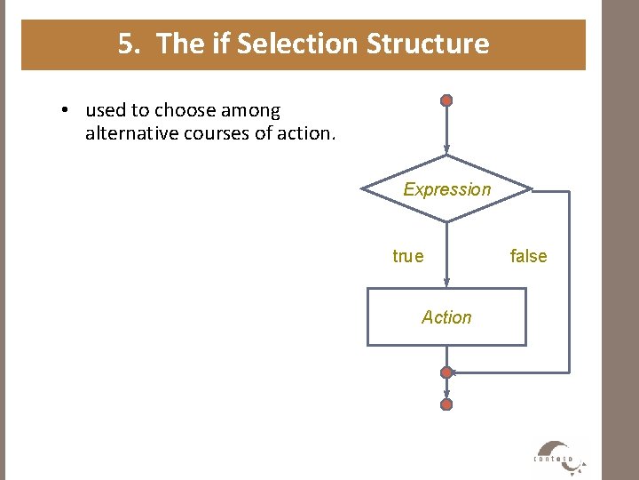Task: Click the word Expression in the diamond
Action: (x=446, y=189)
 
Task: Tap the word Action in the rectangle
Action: (x=446, y=317)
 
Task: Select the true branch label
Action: (x=408, y=257)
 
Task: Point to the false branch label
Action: (x=528, y=257)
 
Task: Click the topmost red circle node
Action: (x=447, y=100)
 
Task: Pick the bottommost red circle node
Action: (x=447, y=404)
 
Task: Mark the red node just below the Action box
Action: (x=447, y=372)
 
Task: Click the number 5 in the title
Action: (x=128, y=44)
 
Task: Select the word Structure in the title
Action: (x=428, y=44)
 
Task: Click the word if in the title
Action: (x=219, y=44)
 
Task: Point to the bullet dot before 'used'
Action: (x=66, y=111)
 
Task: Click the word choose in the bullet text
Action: (x=185, y=111)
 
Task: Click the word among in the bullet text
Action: (x=250, y=111)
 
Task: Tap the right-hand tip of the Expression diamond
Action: (x=531, y=189)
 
